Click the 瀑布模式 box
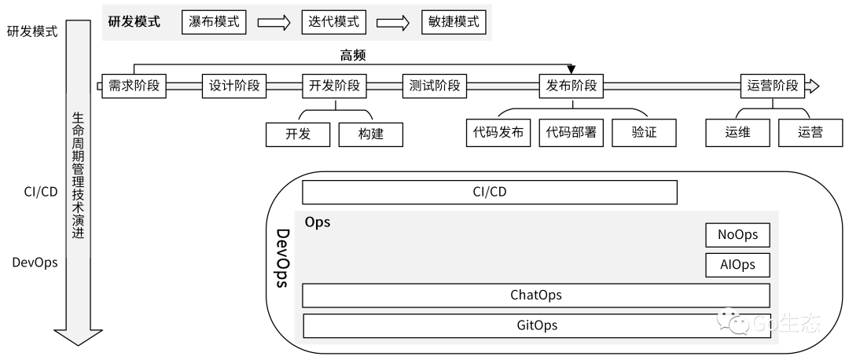coord(214,22)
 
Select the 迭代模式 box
coord(333,22)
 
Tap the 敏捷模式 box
coord(454,22)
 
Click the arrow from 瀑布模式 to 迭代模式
coord(274,23)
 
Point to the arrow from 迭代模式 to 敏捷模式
coord(393,23)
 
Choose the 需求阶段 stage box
coord(134,86)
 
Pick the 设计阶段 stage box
coord(234,86)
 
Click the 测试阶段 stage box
coord(434,86)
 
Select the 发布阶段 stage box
coord(572,86)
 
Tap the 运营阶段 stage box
coord(773,86)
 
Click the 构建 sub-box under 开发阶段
coord(371,134)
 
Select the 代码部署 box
coord(572,133)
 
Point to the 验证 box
coord(645,133)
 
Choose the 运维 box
coord(737,133)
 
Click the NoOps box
coord(737,235)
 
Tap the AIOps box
coord(737,265)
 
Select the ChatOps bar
coord(536,296)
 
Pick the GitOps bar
coord(536,326)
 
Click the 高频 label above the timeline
coord(352,55)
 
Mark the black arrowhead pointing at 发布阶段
coord(572,69)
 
